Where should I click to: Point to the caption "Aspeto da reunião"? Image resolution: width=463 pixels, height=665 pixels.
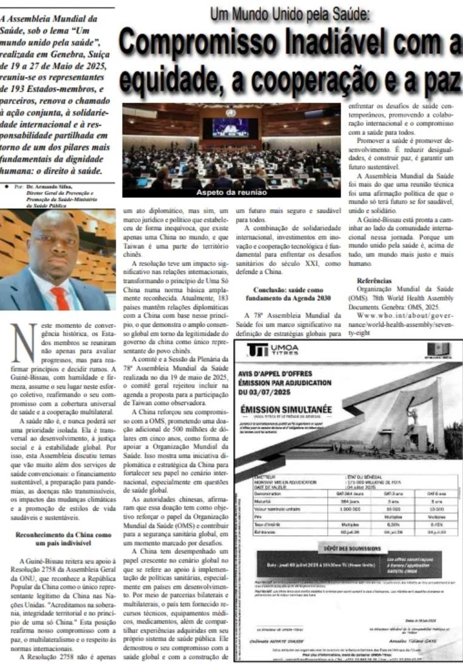tap(231, 193)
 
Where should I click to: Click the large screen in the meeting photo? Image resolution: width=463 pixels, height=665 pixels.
tap(231, 127)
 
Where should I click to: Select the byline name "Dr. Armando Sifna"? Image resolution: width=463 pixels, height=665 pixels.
tap(48, 187)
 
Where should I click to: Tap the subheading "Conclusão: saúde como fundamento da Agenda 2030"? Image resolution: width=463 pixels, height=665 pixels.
tap(286, 295)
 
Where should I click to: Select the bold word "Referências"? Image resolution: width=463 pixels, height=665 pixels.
tap(374, 282)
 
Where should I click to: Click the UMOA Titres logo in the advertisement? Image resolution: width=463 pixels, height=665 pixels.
tap(274, 350)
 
